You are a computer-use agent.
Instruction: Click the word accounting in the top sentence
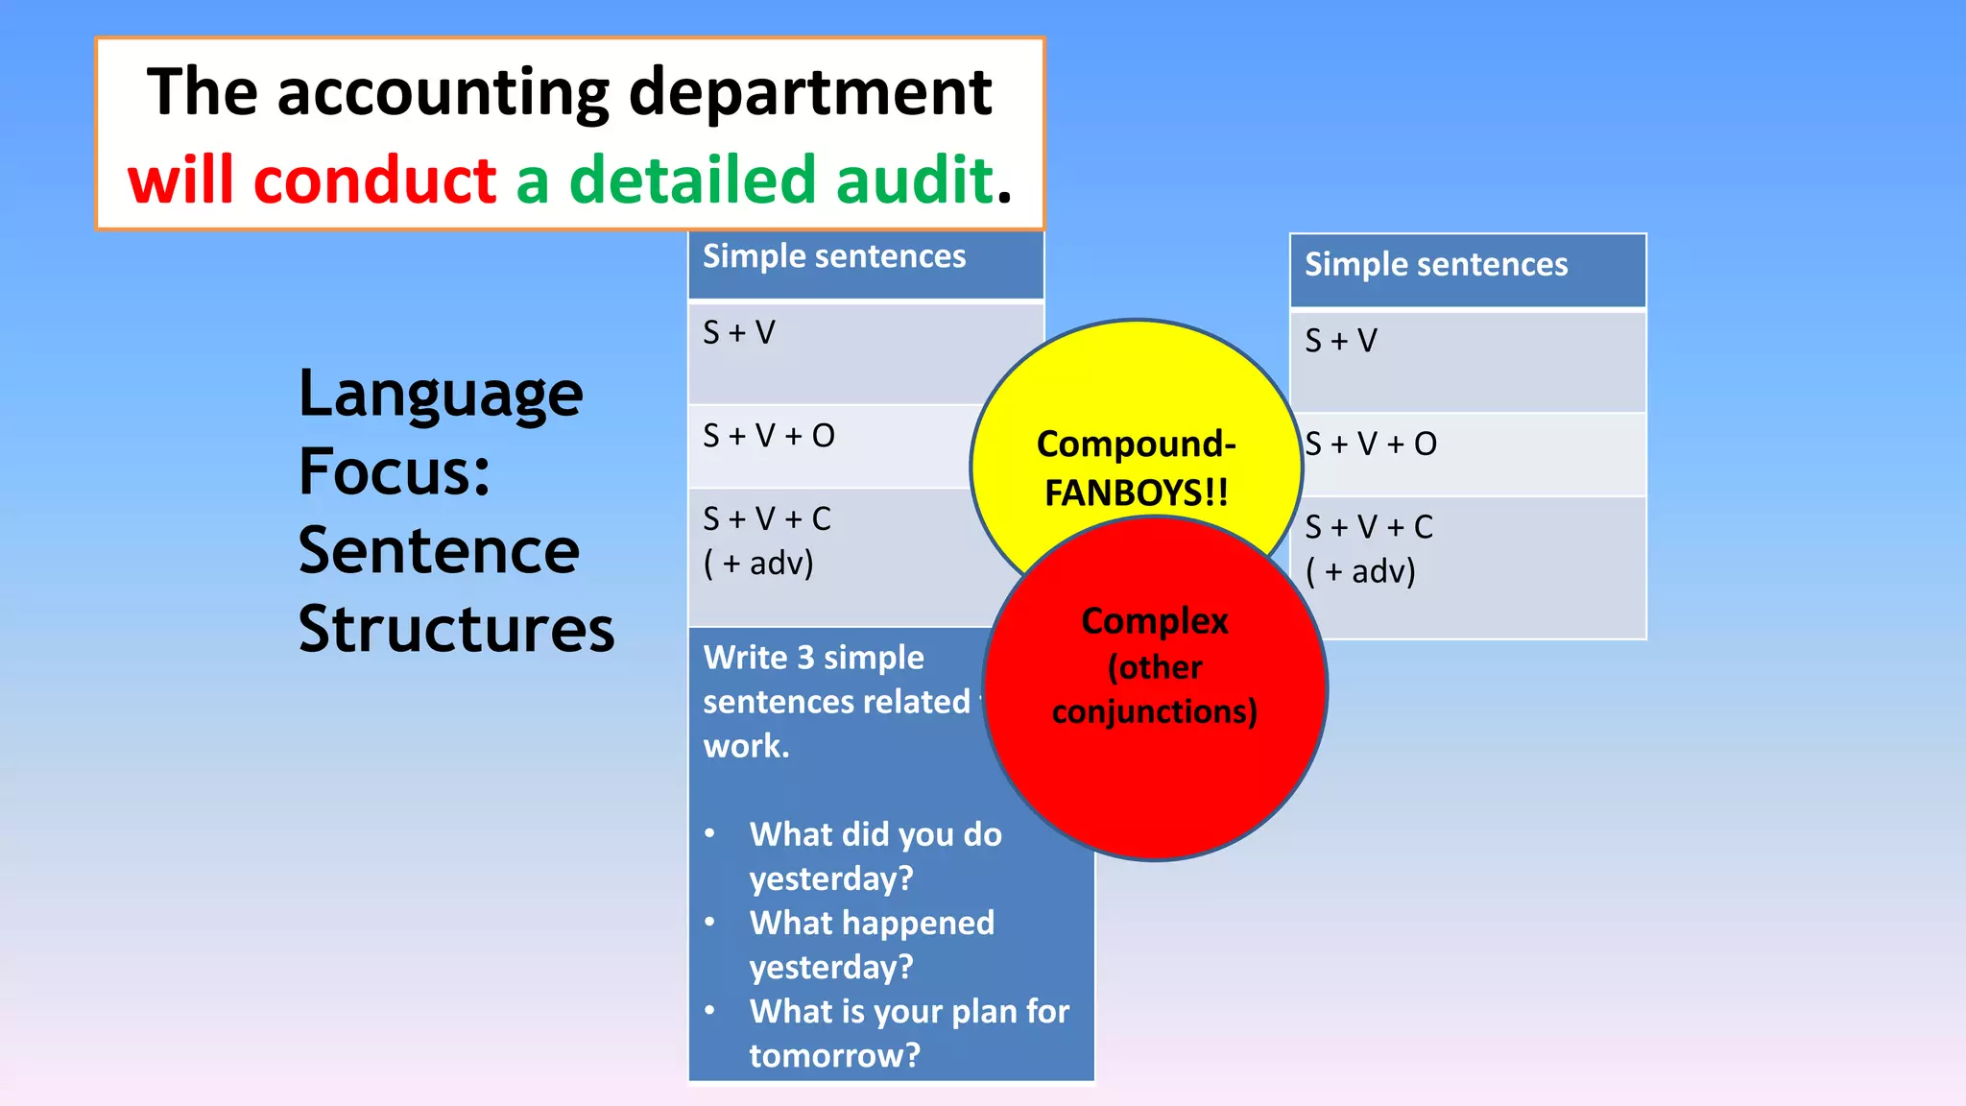tap(443, 93)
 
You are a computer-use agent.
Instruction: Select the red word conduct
tap(375, 180)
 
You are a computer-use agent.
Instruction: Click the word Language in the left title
tap(441, 395)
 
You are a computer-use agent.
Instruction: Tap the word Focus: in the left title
tap(395, 471)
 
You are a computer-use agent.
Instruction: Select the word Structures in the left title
tap(456, 629)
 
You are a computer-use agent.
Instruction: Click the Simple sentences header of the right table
tap(1435, 265)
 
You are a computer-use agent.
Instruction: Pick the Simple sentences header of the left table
tap(834, 256)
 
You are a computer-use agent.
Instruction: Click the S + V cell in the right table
tap(1341, 341)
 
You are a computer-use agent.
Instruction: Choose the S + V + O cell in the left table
tap(769, 436)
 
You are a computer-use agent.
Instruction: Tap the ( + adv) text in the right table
tap(1360, 572)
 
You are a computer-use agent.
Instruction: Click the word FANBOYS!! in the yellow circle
tap(1137, 493)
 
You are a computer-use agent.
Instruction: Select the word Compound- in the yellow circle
tap(1137, 445)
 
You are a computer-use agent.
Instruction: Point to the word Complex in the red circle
tap(1155, 621)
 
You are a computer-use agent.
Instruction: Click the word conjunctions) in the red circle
tap(1155, 711)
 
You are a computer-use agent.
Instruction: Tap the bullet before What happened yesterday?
tap(709, 923)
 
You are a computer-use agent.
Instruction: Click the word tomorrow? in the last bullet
tap(834, 1055)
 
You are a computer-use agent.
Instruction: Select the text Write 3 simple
tap(813, 658)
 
